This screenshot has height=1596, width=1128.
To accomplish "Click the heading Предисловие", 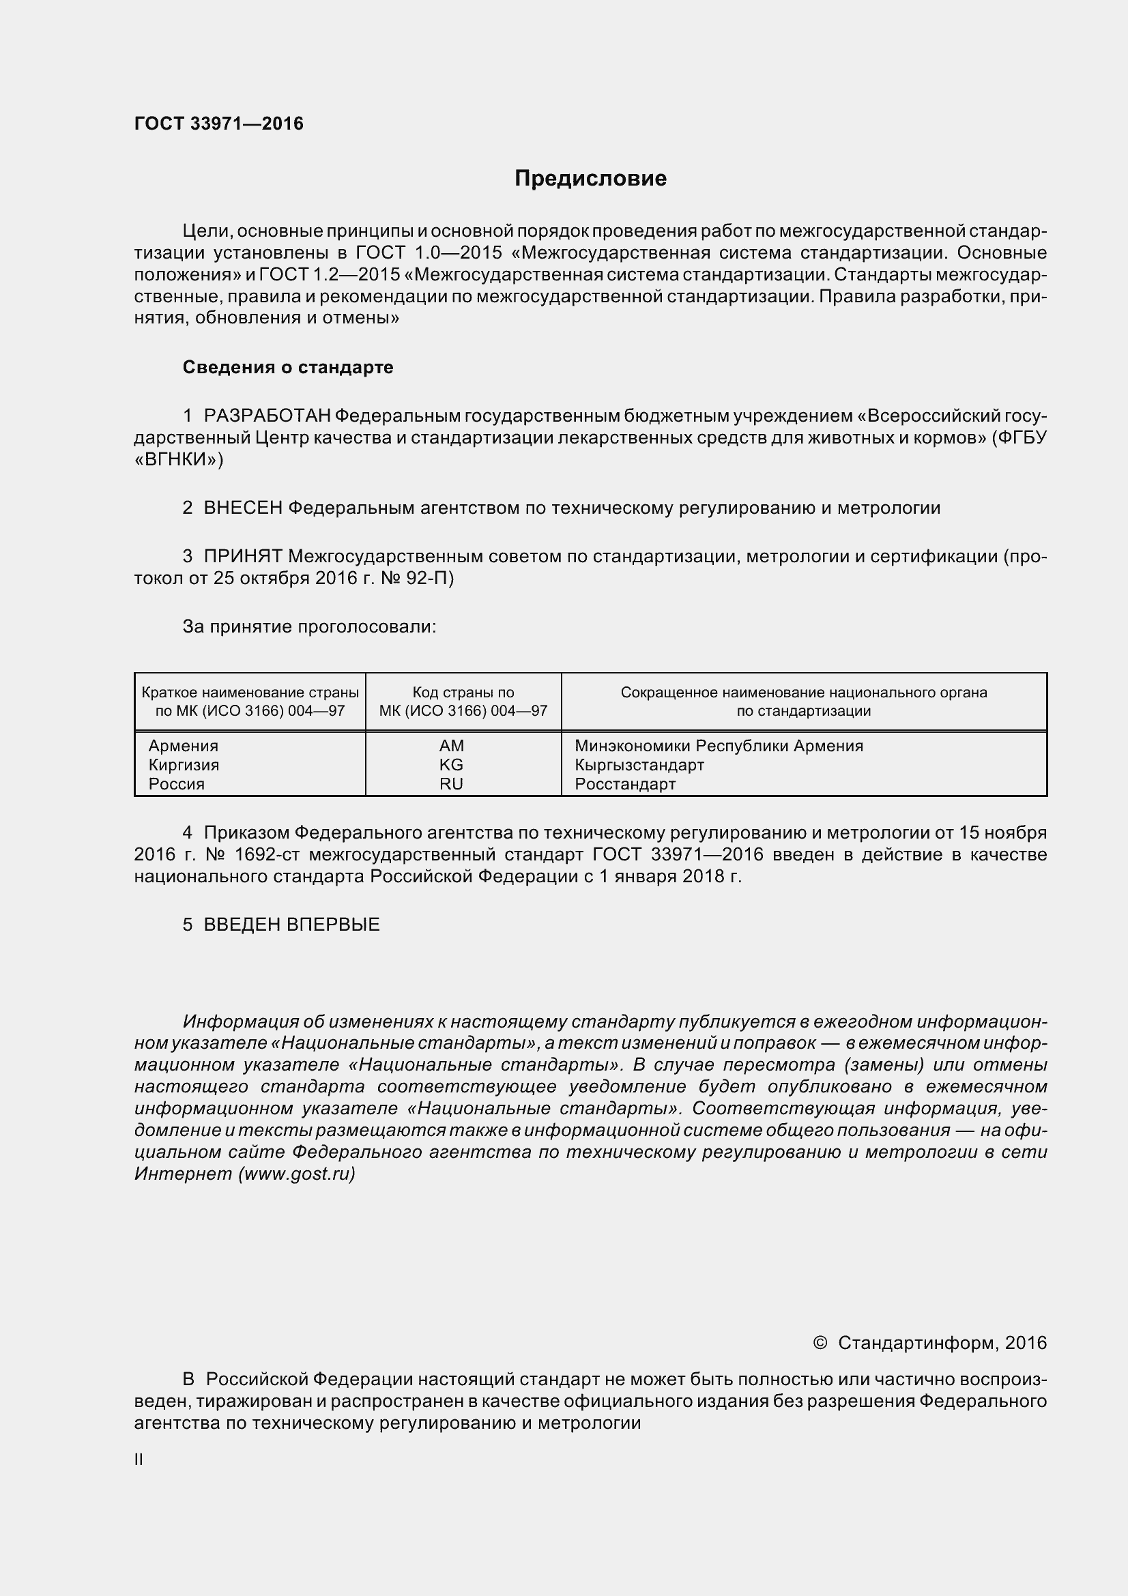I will click(x=590, y=179).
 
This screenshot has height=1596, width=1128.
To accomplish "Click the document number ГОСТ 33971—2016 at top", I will click(x=219, y=124).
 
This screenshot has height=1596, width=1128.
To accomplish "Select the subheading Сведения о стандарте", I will click(x=288, y=367).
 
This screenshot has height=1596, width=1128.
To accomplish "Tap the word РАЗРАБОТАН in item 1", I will click(x=267, y=416).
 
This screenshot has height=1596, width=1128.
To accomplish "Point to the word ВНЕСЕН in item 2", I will click(x=242, y=508).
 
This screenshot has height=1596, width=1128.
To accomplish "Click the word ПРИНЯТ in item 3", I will click(x=242, y=556).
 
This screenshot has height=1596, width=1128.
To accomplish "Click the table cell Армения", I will click(x=184, y=746).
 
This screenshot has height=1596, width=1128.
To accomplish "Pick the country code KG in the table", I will click(x=451, y=765).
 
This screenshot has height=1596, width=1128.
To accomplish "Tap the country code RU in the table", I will click(x=451, y=784).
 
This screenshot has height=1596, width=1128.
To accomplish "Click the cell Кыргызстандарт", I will click(x=639, y=765).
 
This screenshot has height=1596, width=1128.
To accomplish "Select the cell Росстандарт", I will click(x=625, y=784).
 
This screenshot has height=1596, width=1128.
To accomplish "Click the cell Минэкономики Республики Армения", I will click(x=719, y=746).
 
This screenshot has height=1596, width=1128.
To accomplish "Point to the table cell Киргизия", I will click(x=184, y=765).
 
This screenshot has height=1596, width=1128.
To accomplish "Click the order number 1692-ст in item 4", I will click(x=267, y=854).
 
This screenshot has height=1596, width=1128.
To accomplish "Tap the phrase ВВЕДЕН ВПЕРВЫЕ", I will click(x=291, y=925).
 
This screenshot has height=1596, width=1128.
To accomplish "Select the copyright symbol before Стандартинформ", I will click(x=820, y=1343).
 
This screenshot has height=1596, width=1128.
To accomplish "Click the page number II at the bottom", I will click(x=139, y=1460).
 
